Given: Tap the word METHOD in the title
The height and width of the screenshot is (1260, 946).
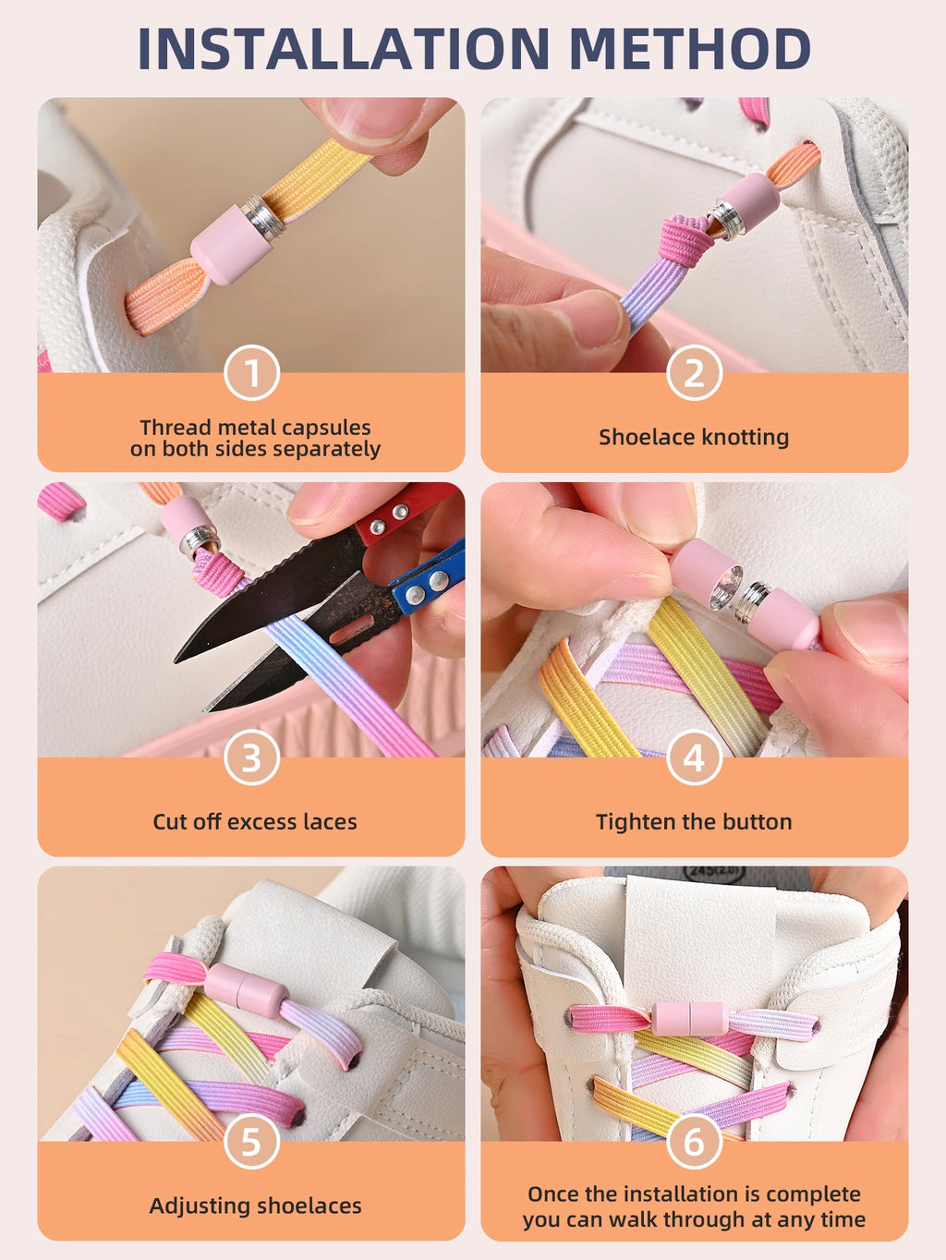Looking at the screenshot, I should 689,49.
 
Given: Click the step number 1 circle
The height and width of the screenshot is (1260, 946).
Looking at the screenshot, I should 251,373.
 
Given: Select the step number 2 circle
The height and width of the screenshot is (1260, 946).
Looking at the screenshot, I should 694,373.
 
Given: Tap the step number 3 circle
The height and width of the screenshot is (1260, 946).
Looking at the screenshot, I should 251,757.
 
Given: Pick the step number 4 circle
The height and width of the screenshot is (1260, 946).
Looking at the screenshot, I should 694,757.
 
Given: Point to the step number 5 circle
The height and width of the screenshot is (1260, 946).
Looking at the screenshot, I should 251,1142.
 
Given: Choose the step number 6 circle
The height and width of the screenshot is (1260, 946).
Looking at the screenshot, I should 694,1142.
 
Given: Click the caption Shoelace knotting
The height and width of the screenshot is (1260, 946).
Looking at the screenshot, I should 694,437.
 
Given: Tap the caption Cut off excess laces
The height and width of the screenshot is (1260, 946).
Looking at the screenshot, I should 255,821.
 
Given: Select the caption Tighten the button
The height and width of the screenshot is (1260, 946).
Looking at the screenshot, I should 694,821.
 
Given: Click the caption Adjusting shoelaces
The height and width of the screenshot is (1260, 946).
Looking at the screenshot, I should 255,1205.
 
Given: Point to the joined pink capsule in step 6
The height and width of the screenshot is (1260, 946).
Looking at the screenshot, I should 688,1018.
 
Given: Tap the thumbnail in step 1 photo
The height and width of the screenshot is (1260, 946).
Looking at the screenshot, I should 370,120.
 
